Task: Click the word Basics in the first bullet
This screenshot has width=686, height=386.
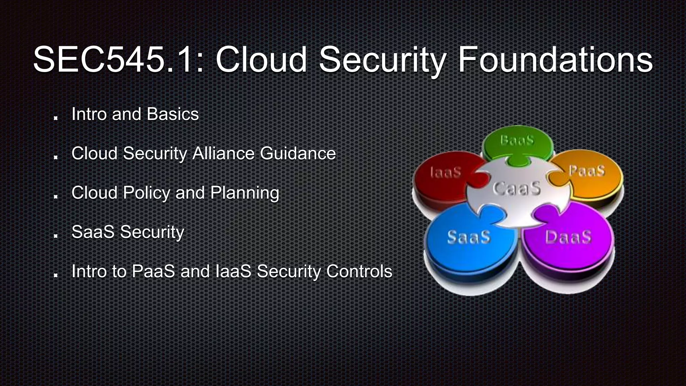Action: (x=173, y=114)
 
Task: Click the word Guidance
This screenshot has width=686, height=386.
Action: (x=298, y=153)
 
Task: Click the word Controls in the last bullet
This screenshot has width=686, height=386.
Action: (x=359, y=271)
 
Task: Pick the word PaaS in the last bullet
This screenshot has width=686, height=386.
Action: (x=153, y=271)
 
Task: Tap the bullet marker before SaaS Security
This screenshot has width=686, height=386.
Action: (x=56, y=236)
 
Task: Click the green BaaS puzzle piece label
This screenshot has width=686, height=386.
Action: (x=517, y=140)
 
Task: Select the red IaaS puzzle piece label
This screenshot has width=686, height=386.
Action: (x=445, y=172)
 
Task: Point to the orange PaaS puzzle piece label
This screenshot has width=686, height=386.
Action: (x=587, y=171)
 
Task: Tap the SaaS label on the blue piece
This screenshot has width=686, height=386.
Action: (x=469, y=237)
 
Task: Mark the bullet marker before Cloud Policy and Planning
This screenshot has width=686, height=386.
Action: (x=56, y=196)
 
